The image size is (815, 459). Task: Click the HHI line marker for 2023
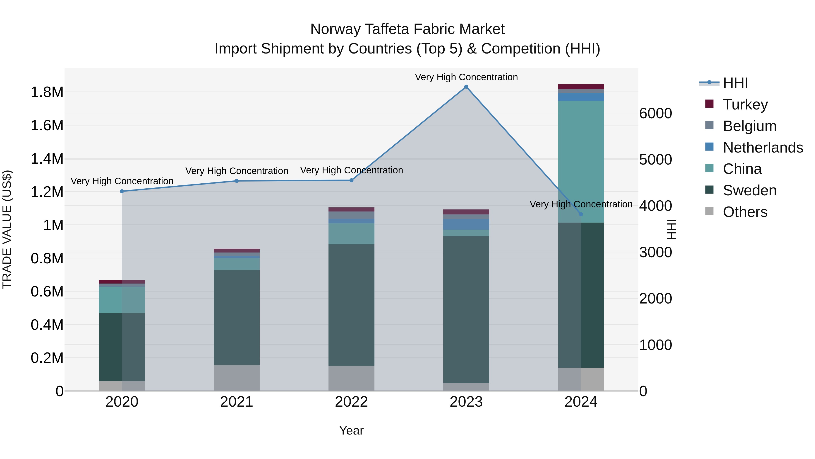[466, 87]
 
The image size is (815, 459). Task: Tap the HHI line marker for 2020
[122, 191]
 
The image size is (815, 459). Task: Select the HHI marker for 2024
[581, 214]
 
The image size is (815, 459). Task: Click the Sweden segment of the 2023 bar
[466, 309]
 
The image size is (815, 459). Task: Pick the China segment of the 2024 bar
[581, 162]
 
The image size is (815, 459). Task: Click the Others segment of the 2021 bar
[237, 378]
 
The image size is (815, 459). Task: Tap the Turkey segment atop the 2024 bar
[581, 87]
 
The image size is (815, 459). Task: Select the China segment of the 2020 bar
[122, 300]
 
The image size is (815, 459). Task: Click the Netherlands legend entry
[763, 148]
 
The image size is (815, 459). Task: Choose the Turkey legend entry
[745, 104]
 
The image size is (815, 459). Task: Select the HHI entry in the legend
[735, 83]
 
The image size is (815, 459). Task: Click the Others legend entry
[745, 212]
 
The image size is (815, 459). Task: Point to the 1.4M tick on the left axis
[47, 159]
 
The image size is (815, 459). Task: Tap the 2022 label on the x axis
[351, 402]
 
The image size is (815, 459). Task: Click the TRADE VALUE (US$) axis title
[7, 229]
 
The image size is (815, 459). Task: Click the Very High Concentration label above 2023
[466, 77]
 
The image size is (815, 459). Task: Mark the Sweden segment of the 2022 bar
[351, 305]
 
